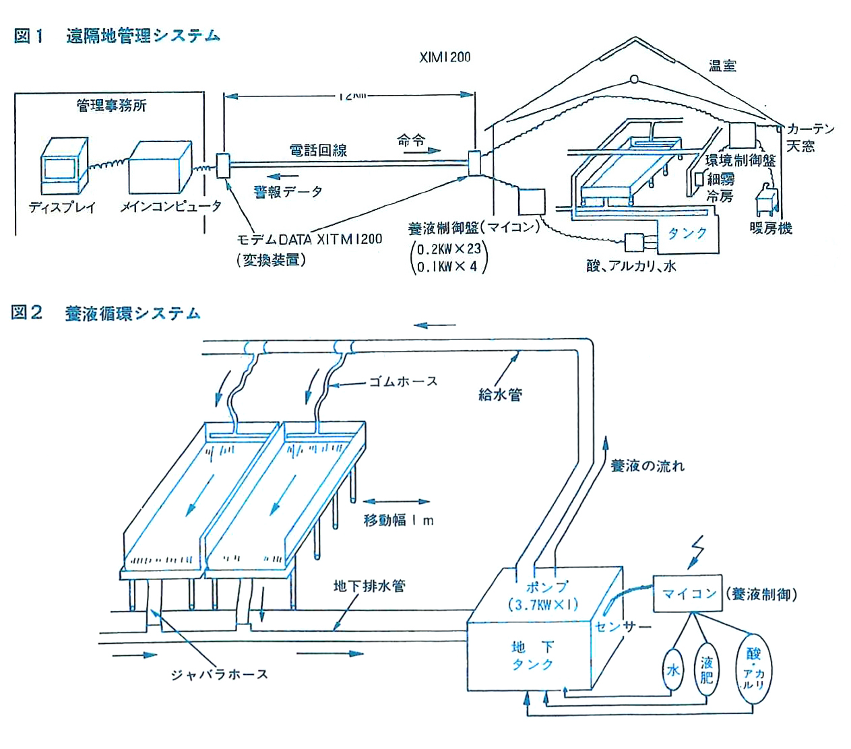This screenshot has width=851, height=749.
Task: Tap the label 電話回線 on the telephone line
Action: pyautogui.click(x=318, y=150)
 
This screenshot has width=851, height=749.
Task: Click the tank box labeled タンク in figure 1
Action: pyautogui.click(x=686, y=234)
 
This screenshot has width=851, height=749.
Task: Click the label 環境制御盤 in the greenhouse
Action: pyautogui.click(x=740, y=160)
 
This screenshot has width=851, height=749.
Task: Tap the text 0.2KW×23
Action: pyautogui.click(x=449, y=249)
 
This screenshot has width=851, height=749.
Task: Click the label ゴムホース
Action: pyautogui.click(x=403, y=382)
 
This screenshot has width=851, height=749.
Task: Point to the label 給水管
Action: pyautogui.click(x=500, y=395)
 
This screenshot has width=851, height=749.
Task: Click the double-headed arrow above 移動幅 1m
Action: pyautogui.click(x=396, y=502)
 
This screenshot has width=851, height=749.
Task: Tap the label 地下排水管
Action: pyautogui.click(x=369, y=586)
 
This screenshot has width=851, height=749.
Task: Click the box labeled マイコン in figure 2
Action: pyautogui.click(x=687, y=593)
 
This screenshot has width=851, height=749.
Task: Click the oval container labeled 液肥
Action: pyautogui.click(x=706, y=670)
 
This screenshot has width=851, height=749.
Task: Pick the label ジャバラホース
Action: pyautogui.click(x=219, y=674)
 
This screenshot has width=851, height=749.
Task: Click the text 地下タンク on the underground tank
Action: pyautogui.click(x=532, y=655)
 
